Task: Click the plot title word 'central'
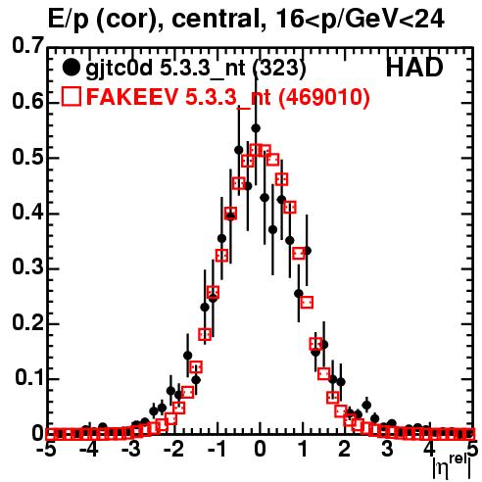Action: [x=214, y=19]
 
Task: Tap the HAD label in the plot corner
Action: [x=414, y=68]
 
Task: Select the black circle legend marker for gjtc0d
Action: [x=71, y=68]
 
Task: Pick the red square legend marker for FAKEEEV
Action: [x=72, y=96]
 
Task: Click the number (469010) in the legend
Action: [x=324, y=97]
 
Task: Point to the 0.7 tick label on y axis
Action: [x=27, y=46]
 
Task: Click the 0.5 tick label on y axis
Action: [x=27, y=158]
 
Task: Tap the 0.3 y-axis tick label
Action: [x=27, y=267]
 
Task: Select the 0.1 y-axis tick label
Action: [x=29, y=378]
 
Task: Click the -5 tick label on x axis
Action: [x=46, y=449]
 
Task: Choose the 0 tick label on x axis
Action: [x=260, y=449]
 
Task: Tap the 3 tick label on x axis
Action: [x=387, y=449]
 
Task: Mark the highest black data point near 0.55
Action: [x=256, y=128]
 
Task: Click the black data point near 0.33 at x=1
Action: [x=307, y=251]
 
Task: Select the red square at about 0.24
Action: [x=307, y=303]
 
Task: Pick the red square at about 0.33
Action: [x=299, y=253]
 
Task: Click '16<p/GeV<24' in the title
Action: [x=360, y=19]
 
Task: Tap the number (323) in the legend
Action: [x=280, y=69]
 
